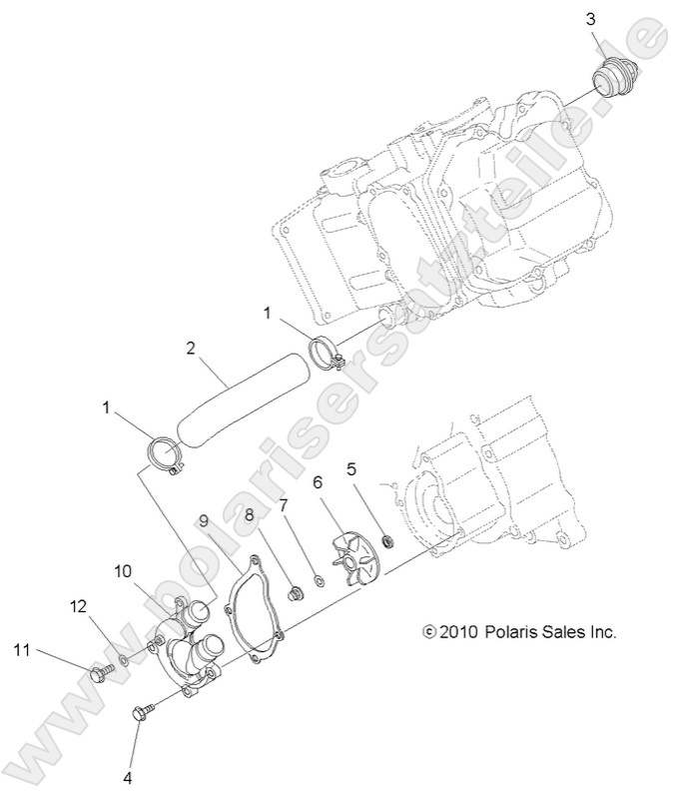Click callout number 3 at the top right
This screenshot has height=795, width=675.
pos(592,18)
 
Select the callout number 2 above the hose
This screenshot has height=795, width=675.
pos(190,349)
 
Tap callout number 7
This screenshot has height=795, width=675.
pos(284,507)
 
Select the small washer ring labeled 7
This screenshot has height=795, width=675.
pos(315,579)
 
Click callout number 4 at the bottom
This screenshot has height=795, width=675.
pos(128,775)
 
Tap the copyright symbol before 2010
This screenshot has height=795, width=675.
pos(430,632)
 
